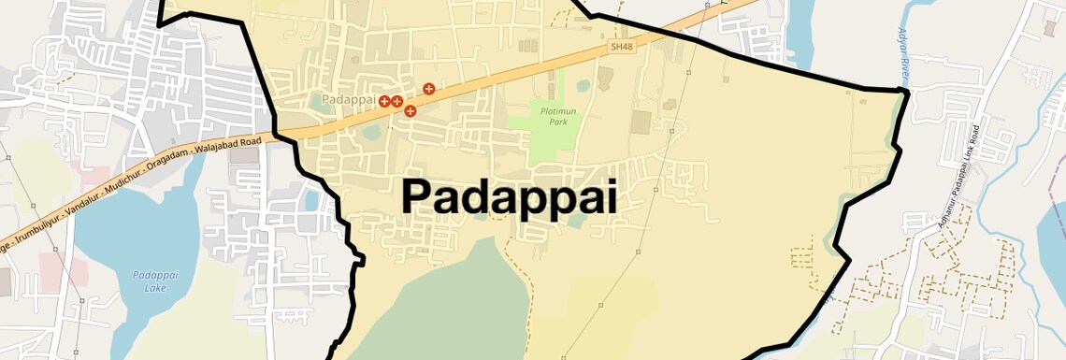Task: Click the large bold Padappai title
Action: click(x=509, y=197)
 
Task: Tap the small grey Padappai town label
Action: click(x=348, y=99)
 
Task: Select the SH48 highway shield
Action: click(x=621, y=46)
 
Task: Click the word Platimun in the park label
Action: click(x=559, y=111)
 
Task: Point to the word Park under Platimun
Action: click(x=558, y=122)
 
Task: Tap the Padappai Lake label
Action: click(x=150, y=281)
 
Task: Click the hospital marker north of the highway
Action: click(x=429, y=89)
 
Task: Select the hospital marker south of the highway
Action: click(x=411, y=111)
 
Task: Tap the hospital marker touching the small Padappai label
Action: click(x=384, y=100)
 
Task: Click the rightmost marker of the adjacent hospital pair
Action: click(x=396, y=100)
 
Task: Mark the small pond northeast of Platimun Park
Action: click(x=583, y=86)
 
